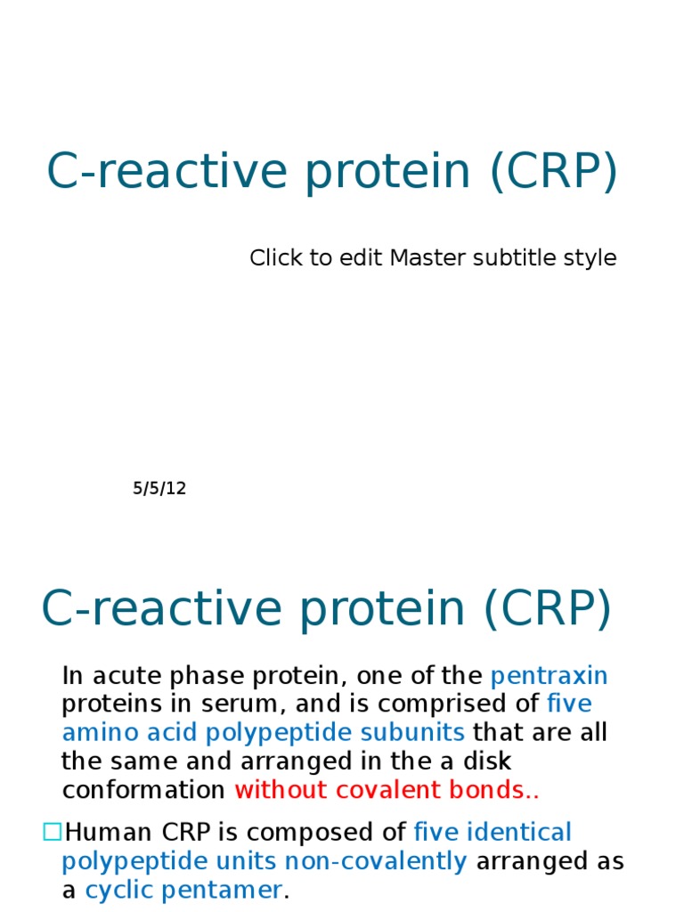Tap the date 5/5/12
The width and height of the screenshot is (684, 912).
point(160,488)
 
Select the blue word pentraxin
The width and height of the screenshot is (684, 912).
point(550,675)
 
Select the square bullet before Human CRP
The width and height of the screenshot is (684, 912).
point(52,832)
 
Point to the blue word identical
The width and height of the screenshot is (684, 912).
point(519,833)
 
